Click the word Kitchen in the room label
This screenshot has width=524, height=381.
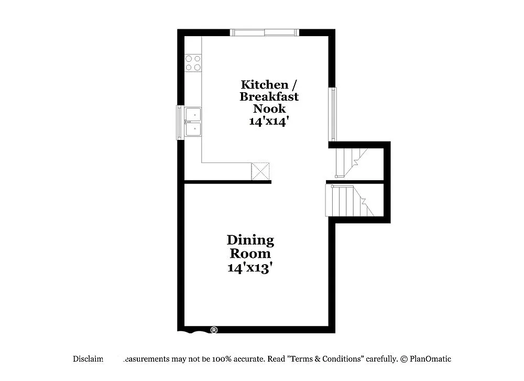(264, 84)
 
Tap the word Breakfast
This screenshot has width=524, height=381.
(269, 96)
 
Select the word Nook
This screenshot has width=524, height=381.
(269, 108)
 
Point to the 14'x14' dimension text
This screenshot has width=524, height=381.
(269, 121)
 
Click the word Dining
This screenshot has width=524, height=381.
(250, 241)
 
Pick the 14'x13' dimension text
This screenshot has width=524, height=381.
(250, 267)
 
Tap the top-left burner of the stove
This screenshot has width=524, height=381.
(189, 58)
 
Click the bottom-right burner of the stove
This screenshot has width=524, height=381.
(197, 67)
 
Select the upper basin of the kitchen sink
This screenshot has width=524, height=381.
(193, 114)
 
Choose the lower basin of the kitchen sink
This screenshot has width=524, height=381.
(193, 129)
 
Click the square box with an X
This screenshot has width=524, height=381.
(261, 171)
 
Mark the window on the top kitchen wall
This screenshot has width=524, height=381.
(265, 32)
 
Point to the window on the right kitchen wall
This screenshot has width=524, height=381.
(332, 114)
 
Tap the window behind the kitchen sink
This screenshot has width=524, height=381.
(180, 122)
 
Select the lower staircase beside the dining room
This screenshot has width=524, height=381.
(348, 200)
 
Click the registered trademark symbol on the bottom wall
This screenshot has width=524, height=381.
(214, 330)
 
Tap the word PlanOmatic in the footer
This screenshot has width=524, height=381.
(430, 359)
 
